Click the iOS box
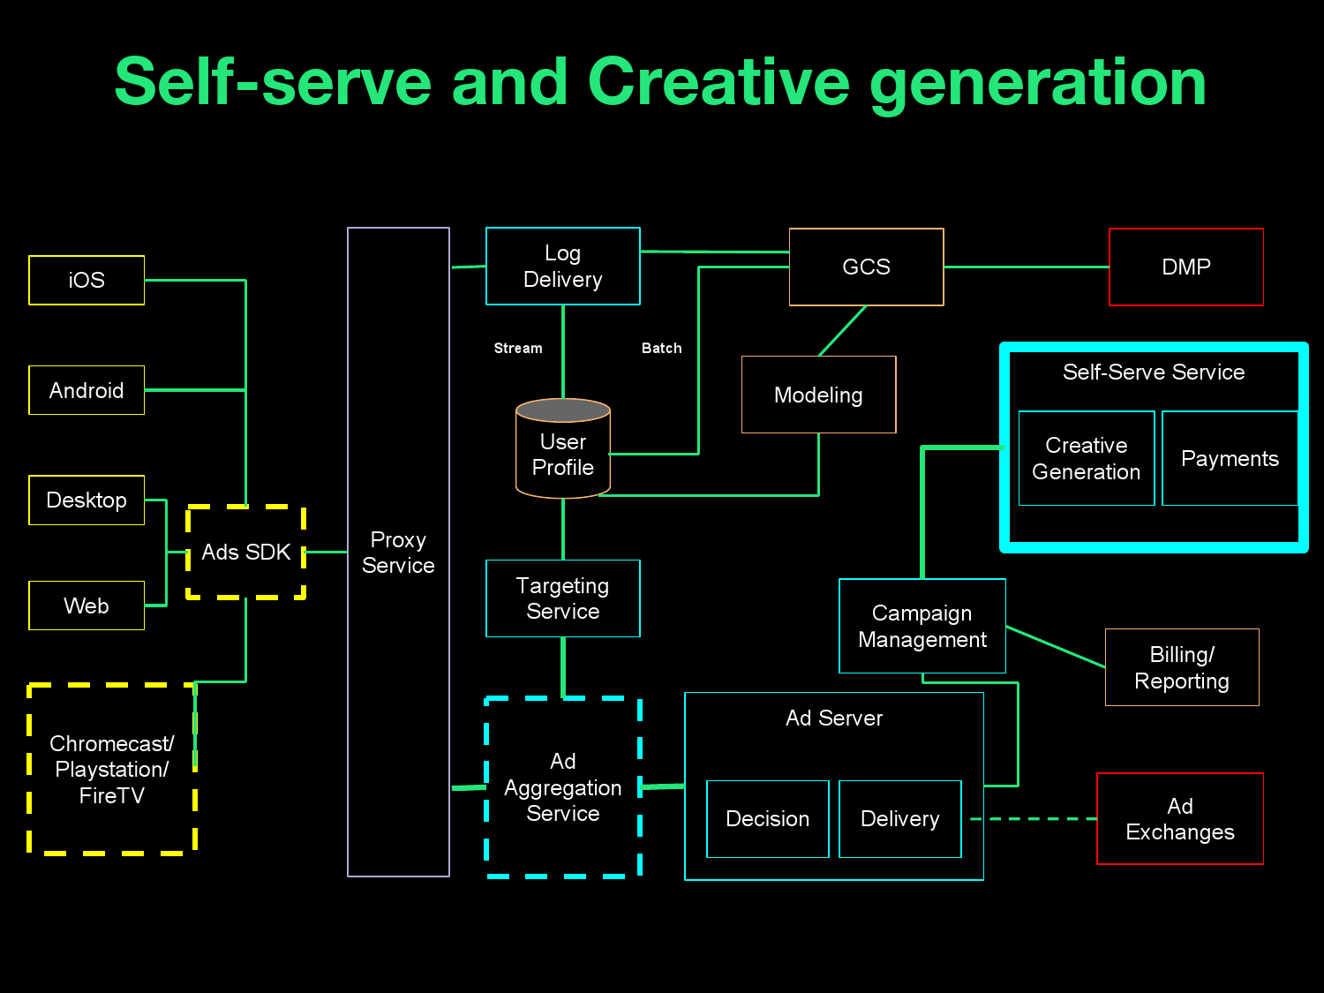coord(87,280)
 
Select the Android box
coord(87,390)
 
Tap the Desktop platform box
coord(87,500)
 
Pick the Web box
coord(87,606)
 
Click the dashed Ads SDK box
coord(246,553)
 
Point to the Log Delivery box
coord(563,267)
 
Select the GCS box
coord(866,267)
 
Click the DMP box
coord(1185,267)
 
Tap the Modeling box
coord(818,395)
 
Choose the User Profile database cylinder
coord(563,450)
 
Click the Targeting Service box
coord(563,598)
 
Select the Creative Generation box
coord(1087,458)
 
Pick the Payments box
coord(1230,458)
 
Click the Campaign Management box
coord(922,626)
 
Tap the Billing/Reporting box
coord(1182,667)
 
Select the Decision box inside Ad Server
coord(768,819)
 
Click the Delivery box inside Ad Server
coord(900,819)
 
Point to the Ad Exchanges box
coord(1180,819)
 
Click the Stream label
coord(518,349)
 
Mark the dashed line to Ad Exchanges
coord(1033,819)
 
